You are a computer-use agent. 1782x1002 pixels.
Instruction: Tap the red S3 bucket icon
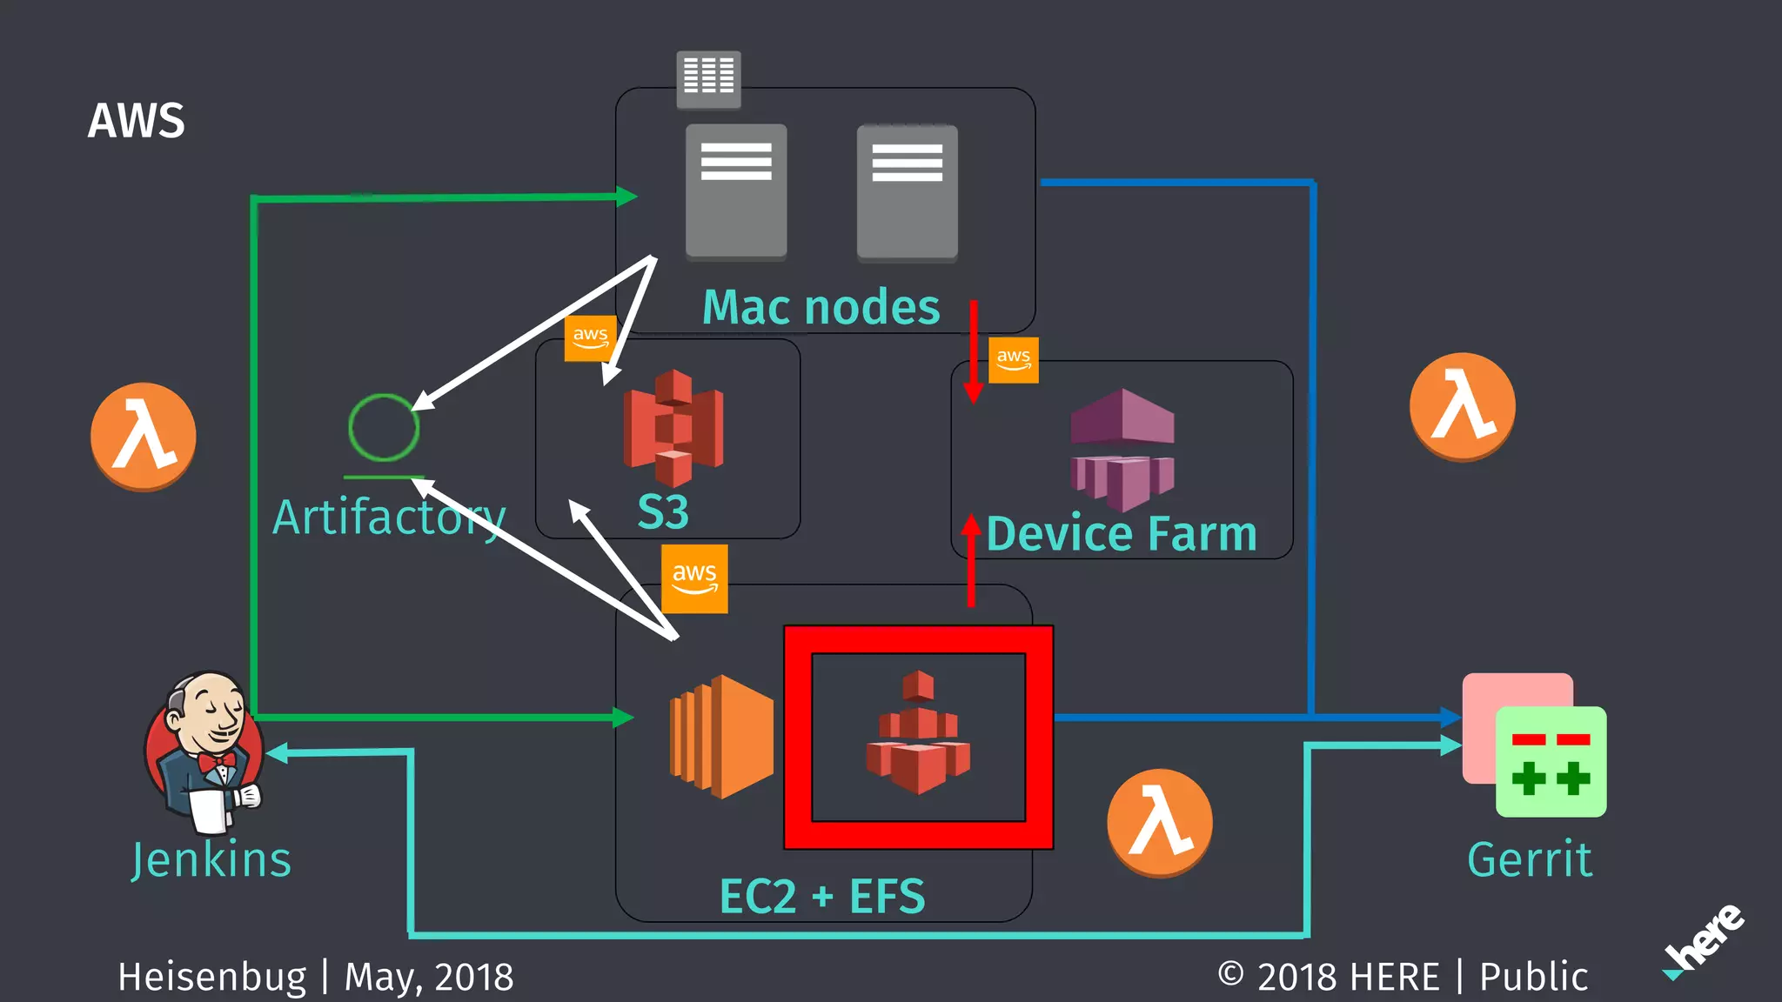pos(673,427)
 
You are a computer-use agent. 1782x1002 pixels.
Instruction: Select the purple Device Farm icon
pos(1122,449)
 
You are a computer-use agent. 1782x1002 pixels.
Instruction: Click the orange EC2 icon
pos(721,736)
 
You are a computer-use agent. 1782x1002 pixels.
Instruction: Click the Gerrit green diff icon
pos(1550,761)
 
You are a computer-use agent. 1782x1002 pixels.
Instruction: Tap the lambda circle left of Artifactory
pos(144,436)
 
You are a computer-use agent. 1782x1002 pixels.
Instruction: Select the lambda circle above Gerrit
pos(1462,406)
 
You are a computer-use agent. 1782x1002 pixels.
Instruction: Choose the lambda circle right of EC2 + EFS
pos(1159,822)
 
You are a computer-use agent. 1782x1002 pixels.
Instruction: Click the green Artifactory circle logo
pos(384,427)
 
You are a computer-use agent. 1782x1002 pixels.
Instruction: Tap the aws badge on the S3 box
pos(590,337)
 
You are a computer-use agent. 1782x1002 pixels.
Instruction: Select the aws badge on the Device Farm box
pos(1014,359)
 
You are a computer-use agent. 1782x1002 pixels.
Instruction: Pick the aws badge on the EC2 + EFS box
pos(694,578)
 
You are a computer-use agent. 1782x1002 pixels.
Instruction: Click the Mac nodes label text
pos(821,308)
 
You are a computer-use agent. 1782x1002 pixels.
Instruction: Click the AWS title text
pos(137,121)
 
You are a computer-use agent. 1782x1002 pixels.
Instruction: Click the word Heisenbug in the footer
pos(212,977)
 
